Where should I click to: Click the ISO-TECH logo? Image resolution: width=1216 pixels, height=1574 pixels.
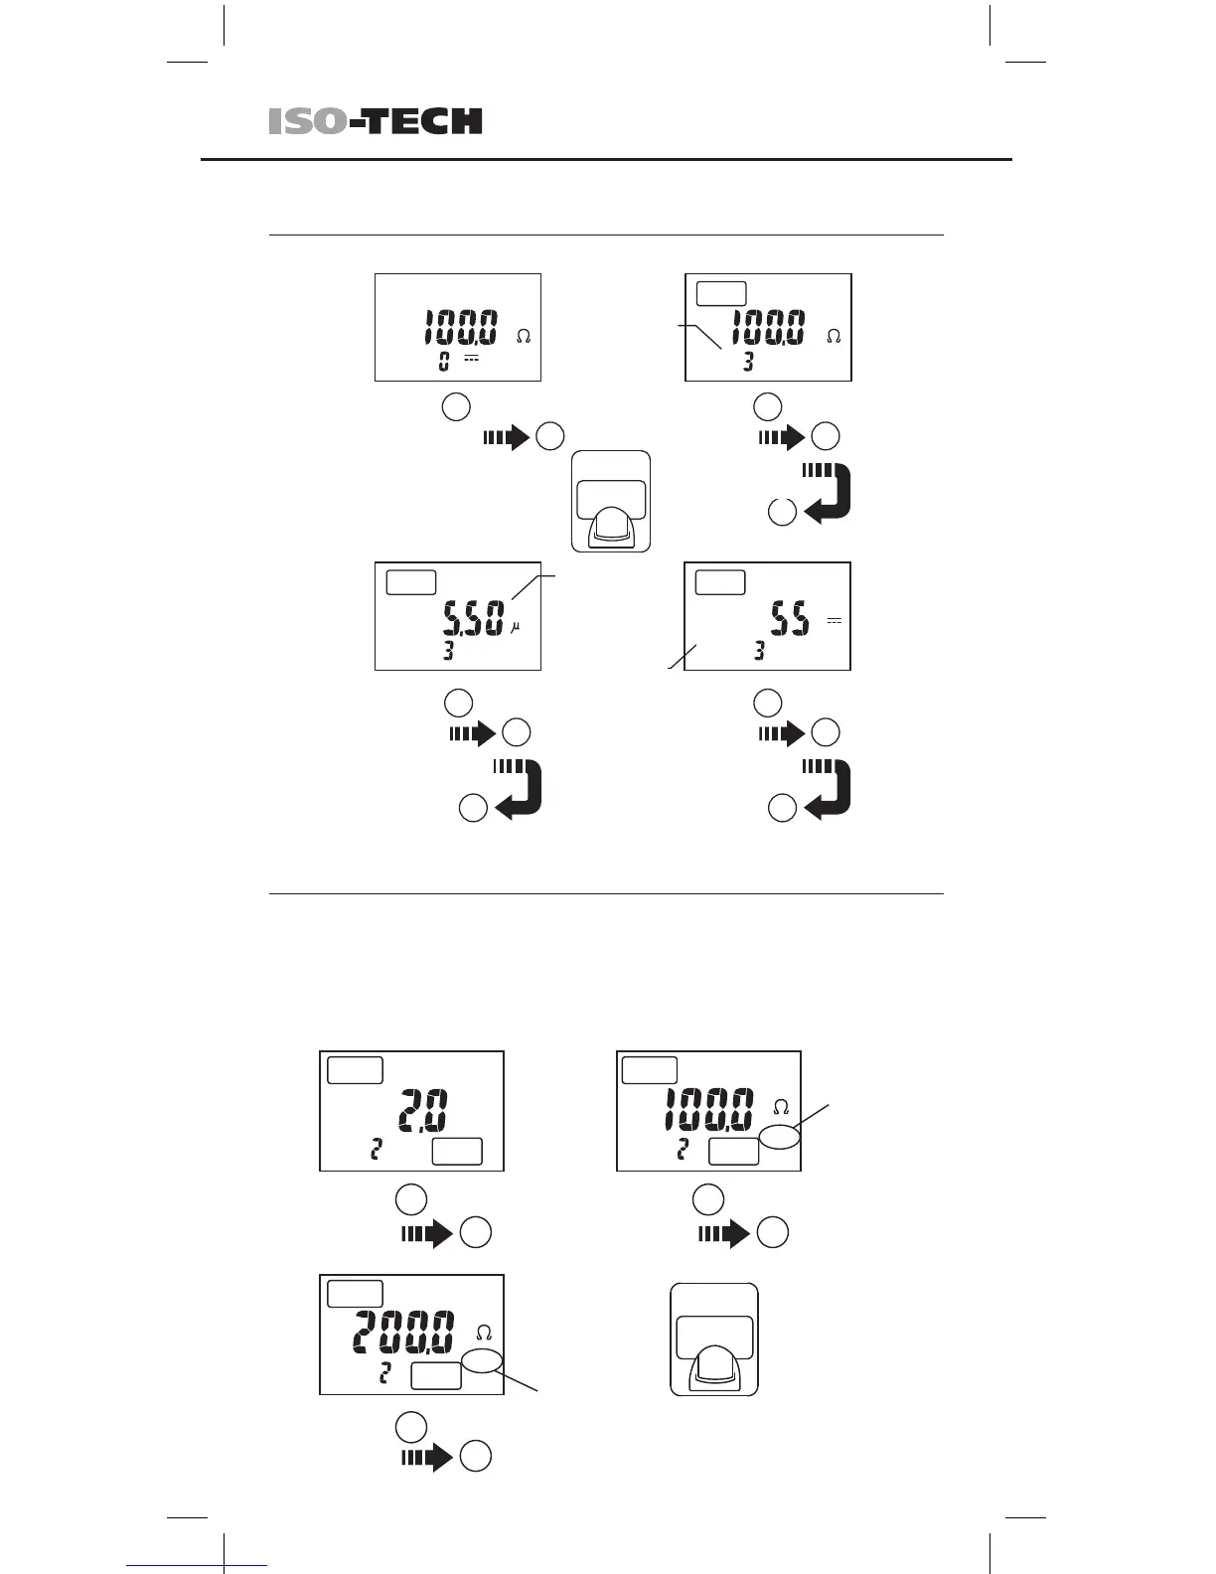click(x=375, y=121)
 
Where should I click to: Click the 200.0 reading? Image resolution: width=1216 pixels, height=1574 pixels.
click(x=405, y=1332)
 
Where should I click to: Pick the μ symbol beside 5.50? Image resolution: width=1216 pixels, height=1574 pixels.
click(x=515, y=627)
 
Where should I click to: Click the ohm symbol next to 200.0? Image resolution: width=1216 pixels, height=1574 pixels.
click(x=484, y=1333)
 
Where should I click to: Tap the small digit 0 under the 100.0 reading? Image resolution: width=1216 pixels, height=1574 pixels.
click(x=444, y=361)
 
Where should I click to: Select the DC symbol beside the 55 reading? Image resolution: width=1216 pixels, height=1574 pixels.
click(x=834, y=621)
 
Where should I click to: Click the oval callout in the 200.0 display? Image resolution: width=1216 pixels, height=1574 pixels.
click(x=483, y=1360)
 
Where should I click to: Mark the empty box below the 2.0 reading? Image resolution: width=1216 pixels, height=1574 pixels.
click(x=457, y=1152)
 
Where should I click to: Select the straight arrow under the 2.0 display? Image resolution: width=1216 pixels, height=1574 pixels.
click(x=427, y=1233)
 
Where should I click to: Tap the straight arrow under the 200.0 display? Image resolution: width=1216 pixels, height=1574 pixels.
click(x=427, y=1457)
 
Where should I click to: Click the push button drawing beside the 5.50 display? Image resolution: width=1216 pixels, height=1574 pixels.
click(x=611, y=503)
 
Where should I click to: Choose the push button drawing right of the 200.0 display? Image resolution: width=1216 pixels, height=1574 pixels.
click(x=714, y=1339)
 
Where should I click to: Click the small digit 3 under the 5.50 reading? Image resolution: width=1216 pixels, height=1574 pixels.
click(x=448, y=652)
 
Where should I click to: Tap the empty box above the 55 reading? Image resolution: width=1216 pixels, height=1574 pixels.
click(x=720, y=582)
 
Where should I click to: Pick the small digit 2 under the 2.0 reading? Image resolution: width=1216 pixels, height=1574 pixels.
click(x=376, y=1151)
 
